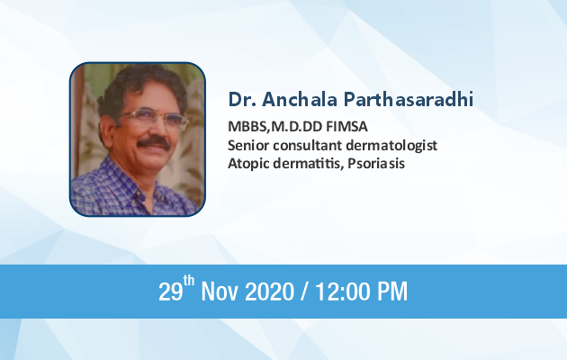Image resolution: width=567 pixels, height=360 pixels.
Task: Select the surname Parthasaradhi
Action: tap(409, 99)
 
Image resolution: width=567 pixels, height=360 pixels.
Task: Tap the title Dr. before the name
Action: tap(242, 99)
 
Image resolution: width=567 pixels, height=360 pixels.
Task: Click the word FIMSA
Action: tap(346, 127)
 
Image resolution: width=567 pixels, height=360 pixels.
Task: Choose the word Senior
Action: tap(248, 145)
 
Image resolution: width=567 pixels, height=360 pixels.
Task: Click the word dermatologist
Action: tap(391, 146)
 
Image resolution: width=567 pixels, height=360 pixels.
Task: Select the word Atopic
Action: tap(248, 164)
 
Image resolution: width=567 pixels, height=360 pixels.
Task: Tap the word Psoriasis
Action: tap(376, 164)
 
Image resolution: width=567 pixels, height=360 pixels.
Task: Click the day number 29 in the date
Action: tap(170, 292)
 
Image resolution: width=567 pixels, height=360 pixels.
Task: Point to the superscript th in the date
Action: tap(189, 281)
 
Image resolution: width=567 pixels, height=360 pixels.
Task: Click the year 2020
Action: tap(269, 292)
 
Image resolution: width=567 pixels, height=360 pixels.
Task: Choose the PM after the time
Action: tap(392, 292)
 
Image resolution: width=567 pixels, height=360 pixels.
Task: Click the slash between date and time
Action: tap(305, 292)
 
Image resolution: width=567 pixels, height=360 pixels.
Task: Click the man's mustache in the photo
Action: tap(154, 142)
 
